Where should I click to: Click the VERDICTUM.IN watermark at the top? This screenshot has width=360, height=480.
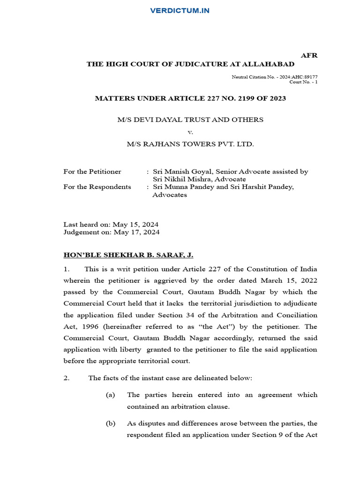click(180, 10)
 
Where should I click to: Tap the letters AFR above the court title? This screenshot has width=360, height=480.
click(309, 55)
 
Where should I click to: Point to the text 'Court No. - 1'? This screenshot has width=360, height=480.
click(303, 82)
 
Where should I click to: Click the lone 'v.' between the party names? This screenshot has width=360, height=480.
click(190, 132)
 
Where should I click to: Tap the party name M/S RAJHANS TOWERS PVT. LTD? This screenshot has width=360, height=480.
click(190, 144)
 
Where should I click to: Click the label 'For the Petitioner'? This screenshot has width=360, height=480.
click(92, 172)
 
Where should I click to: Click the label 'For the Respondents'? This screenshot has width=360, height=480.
click(97, 187)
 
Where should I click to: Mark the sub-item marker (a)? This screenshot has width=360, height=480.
click(111, 395)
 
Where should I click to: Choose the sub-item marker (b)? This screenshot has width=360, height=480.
click(111, 423)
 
